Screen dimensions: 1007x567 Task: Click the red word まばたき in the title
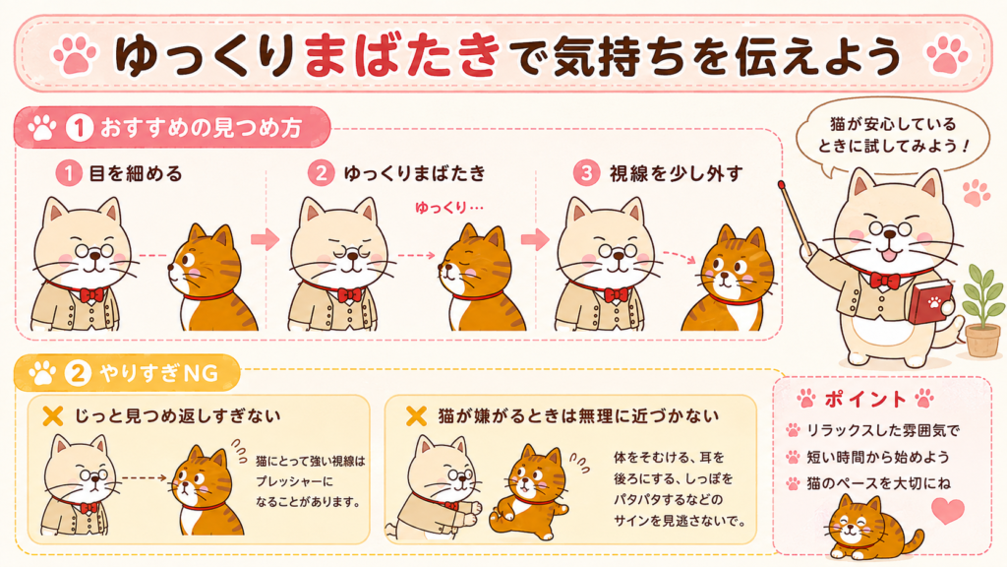402,55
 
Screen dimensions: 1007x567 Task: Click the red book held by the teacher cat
930,301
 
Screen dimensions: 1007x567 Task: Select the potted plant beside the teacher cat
982,309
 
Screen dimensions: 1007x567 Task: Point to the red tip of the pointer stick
782,185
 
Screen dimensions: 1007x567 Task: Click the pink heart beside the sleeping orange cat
948,511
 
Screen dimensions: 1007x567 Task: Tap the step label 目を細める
136,173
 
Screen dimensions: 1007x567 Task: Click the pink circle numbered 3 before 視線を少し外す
586,173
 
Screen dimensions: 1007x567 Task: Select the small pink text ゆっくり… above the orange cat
449,208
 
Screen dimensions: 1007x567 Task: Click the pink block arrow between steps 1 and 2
266,239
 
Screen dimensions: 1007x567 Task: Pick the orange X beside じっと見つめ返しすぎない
53,416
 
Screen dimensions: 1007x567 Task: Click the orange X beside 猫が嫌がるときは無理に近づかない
416,416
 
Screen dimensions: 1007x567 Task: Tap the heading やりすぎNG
158,373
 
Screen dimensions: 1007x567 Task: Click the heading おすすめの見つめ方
201,127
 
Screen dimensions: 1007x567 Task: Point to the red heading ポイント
864,400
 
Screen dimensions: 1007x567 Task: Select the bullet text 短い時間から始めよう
878,457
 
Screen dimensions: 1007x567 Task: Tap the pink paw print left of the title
75,55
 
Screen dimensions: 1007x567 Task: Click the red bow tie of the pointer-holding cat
884,281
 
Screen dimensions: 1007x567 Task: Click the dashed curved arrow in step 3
680,255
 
